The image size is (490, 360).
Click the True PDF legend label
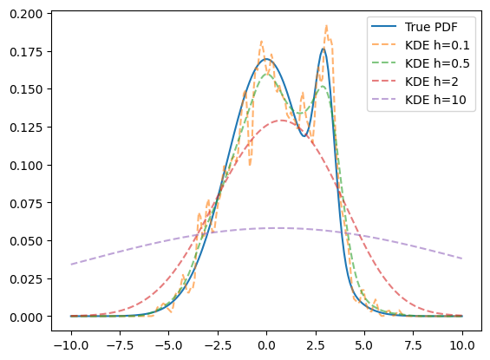click(x=431, y=27)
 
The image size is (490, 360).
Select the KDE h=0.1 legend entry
click(x=437, y=45)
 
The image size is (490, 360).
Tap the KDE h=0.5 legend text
click(x=437, y=63)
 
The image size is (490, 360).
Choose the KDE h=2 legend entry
click(x=432, y=82)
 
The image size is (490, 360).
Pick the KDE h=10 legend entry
click(x=435, y=100)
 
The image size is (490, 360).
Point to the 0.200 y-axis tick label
click(x=26, y=14)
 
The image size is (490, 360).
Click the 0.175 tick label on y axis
click(x=26, y=52)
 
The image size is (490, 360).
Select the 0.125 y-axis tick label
click(x=26, y=128)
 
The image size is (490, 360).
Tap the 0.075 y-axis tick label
click(x=26, y=204)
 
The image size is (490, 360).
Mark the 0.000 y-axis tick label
click(x=26, y=317)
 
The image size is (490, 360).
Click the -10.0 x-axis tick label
click(x=71, y=345)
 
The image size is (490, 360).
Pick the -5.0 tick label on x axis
click(x=169, y=345)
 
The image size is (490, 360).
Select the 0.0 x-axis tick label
click(x=266, y=345)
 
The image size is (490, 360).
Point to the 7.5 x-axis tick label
click(x=413, y=345)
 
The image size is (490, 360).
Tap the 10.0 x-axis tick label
click(x=462, y=345)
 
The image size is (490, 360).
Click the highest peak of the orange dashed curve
click(x=326, y=26)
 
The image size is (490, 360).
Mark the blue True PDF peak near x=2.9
click(x=323, y=49)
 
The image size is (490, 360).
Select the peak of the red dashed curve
click(x=282, y=121)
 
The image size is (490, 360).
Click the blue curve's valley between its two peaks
click(x=304, y=136)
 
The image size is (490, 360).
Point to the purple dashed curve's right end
click(x=462, y=259)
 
